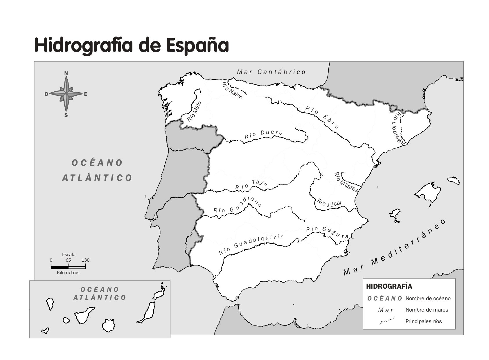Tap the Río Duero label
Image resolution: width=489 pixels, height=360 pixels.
[263, 134]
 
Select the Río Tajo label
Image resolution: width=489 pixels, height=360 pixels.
[251, 185]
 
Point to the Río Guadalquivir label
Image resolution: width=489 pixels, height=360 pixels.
[251, 245]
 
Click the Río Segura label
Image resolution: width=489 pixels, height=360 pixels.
[328, 232]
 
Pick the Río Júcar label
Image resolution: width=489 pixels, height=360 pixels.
[329, 203]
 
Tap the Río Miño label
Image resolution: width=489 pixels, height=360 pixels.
[194, 111]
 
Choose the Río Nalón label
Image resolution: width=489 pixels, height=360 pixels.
[232, 90]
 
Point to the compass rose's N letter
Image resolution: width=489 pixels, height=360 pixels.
[66, 73]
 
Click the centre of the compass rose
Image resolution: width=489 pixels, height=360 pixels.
[66, 94]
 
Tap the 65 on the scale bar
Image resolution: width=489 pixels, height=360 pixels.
[68, 260]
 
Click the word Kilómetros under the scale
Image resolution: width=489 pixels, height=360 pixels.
[68, 273]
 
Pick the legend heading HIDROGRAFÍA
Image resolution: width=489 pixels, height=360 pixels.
[389, 286]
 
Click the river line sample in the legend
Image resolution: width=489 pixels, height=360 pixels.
[386, 321]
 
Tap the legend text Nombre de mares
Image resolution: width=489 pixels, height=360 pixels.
[427, 310]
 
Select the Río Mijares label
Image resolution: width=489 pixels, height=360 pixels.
[346, 182]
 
